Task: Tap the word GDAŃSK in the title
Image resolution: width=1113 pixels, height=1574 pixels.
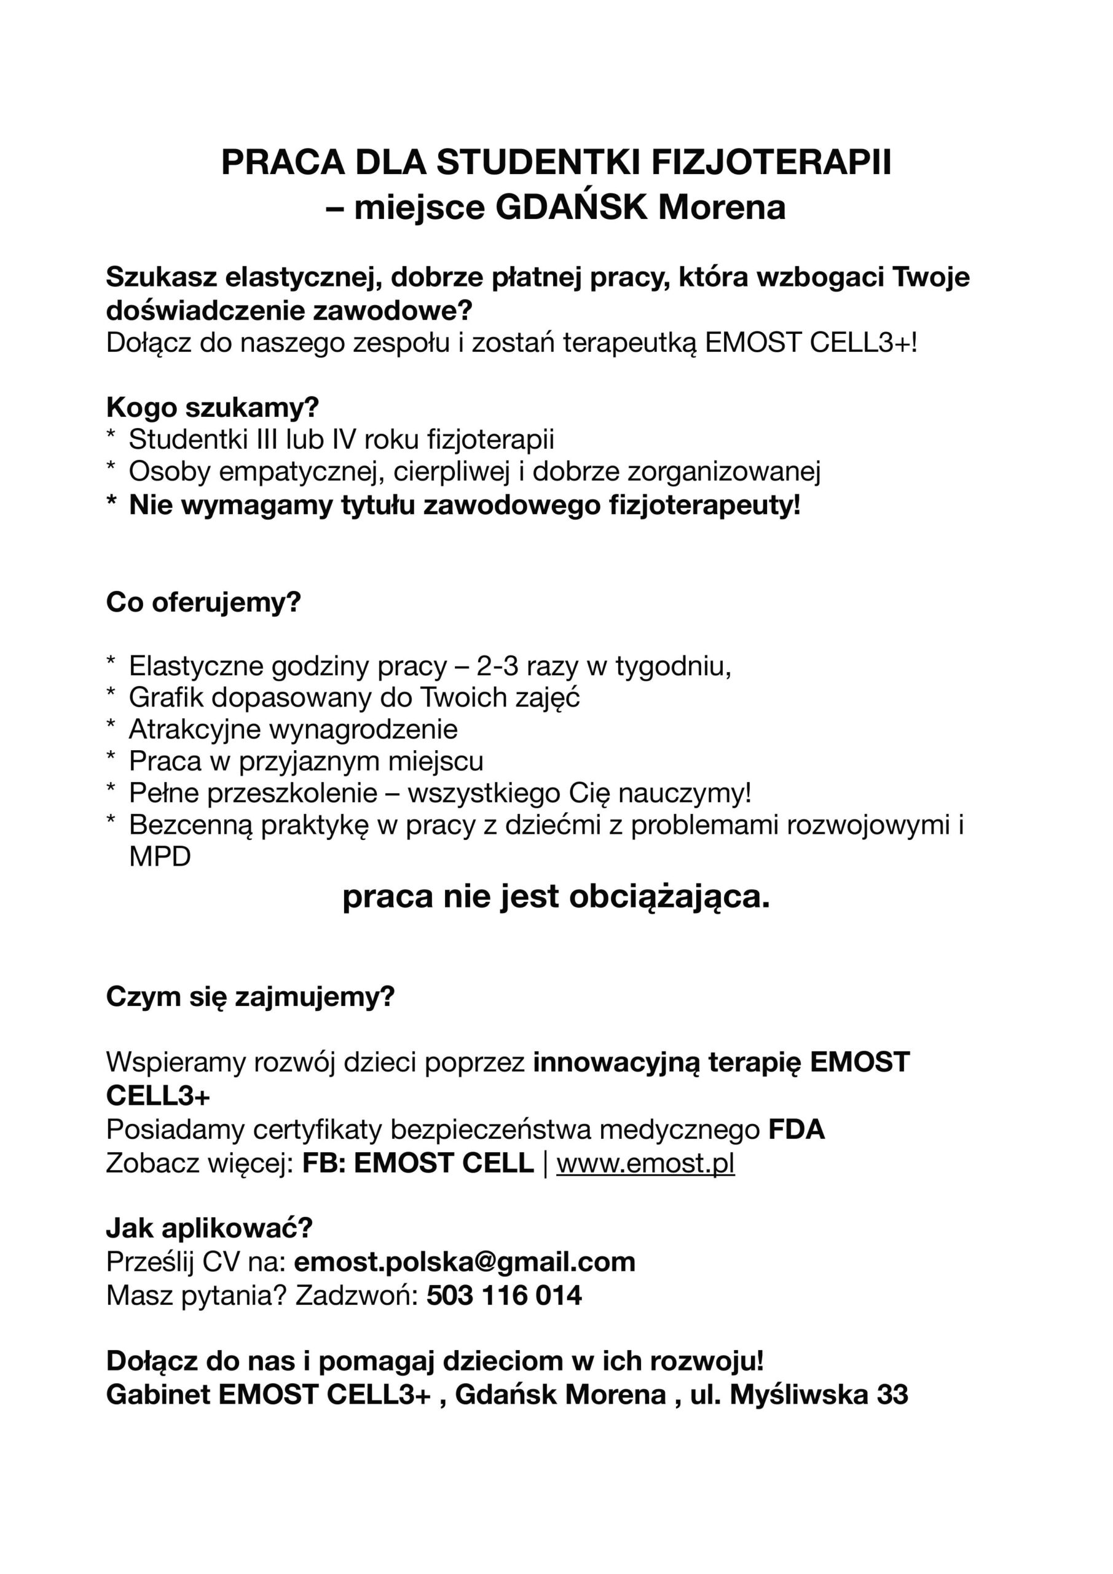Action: pyautogui.click(x=571, y=208)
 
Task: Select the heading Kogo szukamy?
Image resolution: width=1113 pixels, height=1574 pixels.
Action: pyautogui.click(x=213, y=407)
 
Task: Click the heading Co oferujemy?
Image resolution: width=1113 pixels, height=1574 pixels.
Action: pyautogui.click(x=203, y=602)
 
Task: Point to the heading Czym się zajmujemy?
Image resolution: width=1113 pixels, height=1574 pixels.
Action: pyautogui.click(x=250, y=996)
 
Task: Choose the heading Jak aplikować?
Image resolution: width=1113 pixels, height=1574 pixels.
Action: pyautogui.click(x=209, y=1228)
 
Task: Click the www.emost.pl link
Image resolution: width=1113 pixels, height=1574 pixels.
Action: pyautogui.click(x=645, y=1163)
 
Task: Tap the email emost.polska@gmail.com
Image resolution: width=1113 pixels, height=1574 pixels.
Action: pyautogui.click(x=465, y=1262)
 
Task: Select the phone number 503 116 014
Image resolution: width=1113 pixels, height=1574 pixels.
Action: pyautogui.click(x=504, y=1295)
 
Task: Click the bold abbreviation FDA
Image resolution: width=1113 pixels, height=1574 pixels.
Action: pyautogui.click(x=796, y=1129)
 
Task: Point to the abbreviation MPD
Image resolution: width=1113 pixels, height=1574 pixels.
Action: pyautogui.click(x=160, y=857)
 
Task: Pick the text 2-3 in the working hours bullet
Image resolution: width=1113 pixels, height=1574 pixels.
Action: pyautogui.click(x=498, y=666)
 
